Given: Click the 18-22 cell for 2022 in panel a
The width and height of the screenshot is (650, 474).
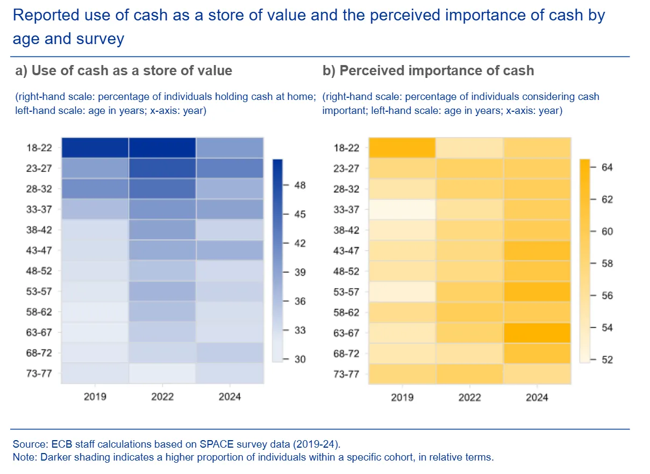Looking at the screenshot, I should tap(162, 148).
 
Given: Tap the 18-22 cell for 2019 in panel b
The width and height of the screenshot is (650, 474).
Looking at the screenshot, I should tap(402, 148).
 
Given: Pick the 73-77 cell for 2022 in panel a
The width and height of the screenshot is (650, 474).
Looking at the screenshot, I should tap(162, 374).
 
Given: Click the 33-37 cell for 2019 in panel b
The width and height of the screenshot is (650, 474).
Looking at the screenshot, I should tap(402, 210).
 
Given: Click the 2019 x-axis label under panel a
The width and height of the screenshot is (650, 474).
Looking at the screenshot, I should tap(95, 397).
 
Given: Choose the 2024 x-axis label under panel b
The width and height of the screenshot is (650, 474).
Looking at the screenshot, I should tap(537, 397).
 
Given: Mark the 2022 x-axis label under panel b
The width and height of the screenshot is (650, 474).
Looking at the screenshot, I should tap(469, 397).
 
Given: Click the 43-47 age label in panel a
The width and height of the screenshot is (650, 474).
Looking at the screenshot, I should tap(39, 250).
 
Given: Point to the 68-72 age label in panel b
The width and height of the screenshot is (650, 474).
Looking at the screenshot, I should tap(347, 354).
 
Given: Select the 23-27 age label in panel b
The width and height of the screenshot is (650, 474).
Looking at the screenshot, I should tap(347, 169).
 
